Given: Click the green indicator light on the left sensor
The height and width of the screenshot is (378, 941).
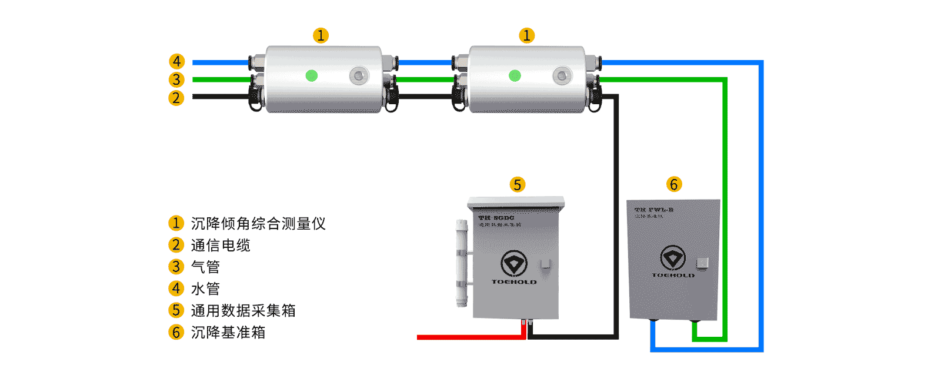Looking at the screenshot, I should [x=312, y=75].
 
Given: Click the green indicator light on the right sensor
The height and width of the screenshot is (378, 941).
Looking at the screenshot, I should [x=515, y=75].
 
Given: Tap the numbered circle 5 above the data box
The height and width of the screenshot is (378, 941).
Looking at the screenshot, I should [x=517, y=185].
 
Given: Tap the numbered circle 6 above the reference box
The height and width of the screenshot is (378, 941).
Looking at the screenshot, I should [x=674, y=184].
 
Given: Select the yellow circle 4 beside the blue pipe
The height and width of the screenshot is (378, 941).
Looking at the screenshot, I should [x=176, y=61].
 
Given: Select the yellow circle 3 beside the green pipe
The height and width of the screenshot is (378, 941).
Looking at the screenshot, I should [x=176, y=79].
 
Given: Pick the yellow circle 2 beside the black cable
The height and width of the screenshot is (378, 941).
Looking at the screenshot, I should [x=176, y=98].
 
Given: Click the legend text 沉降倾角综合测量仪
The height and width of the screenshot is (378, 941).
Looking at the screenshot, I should [x=258, y=223].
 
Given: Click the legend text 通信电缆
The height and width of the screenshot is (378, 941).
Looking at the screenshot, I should [x=221, y=245].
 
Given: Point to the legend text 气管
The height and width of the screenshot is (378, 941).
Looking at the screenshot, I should [x=205, y=267].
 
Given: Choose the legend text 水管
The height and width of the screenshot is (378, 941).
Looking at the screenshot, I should [x=205, y=289].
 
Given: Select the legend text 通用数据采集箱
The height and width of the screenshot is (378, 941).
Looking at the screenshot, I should [x=243, y=310].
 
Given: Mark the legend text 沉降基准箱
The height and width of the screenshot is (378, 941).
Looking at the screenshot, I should [x=228, y=332].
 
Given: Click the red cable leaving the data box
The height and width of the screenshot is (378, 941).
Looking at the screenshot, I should [x=470, y=337].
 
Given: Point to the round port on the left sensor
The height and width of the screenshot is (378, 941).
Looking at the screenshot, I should [x=358, y=75].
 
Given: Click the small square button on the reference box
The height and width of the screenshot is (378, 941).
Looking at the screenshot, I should [x=702, y=263].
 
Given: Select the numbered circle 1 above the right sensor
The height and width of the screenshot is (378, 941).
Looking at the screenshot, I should [x=526, y=35].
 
